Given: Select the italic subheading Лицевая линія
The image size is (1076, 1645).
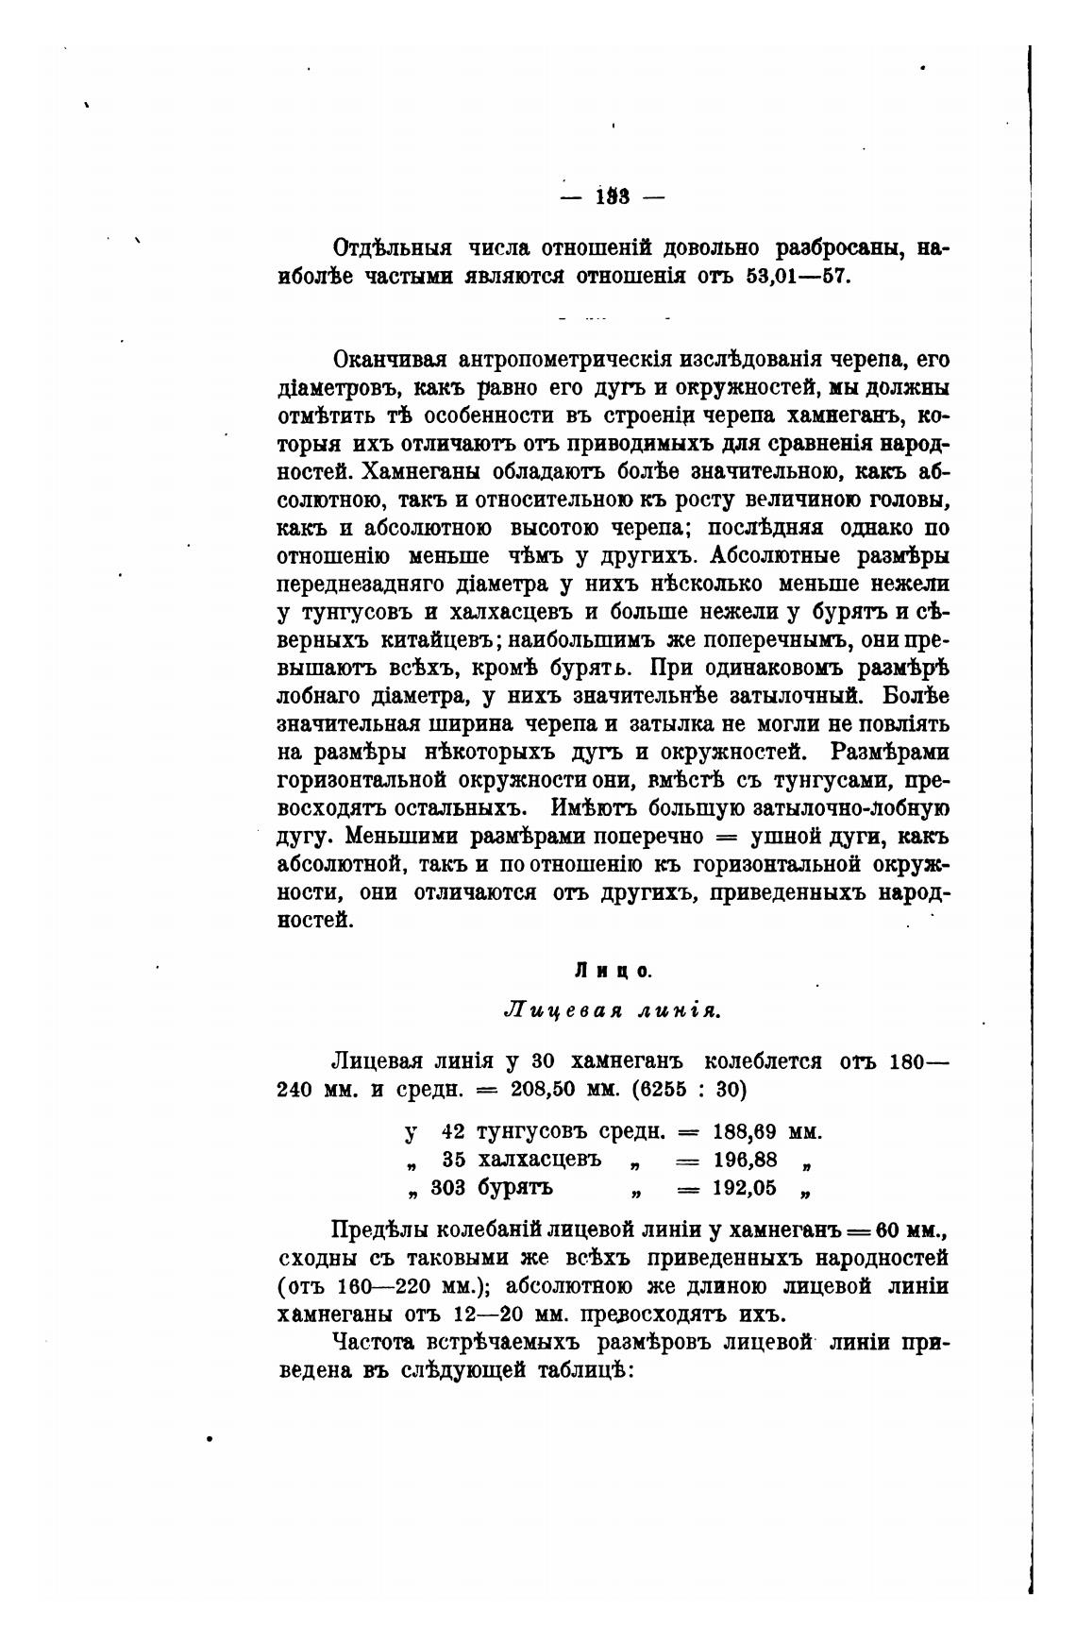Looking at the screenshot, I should click(614, 1010).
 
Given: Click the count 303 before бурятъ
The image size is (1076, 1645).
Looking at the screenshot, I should click(447, 1188).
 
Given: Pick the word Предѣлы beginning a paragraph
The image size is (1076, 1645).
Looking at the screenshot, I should click(375, 1231).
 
